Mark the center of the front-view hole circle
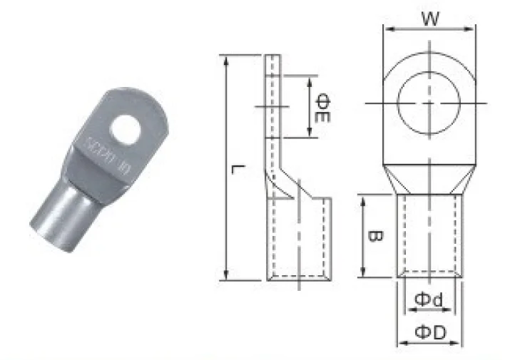pyautogui.click(x=429, y=104)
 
